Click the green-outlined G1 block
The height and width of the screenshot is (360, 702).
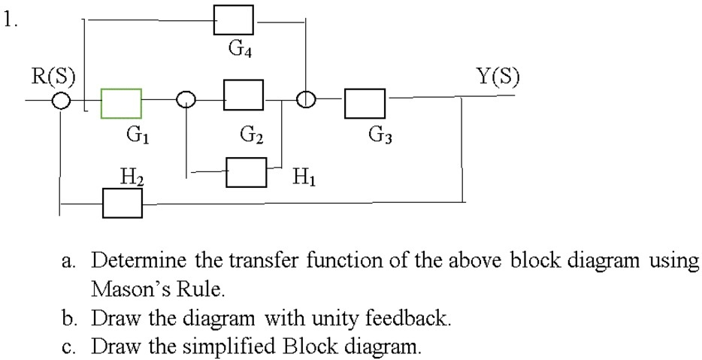121,103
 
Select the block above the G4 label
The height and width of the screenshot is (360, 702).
233,19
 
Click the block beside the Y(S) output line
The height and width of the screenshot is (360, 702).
365,103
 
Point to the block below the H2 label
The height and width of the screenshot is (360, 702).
122,202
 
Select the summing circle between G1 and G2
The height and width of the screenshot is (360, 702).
186,100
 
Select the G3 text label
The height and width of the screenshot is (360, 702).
382,135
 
